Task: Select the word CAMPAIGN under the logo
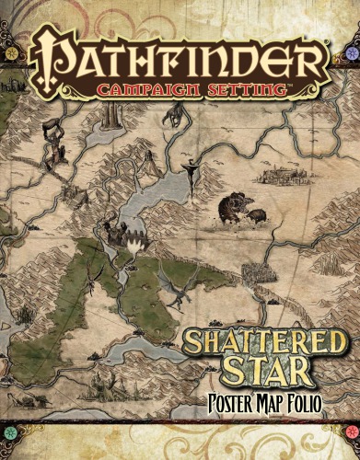[147, 90]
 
